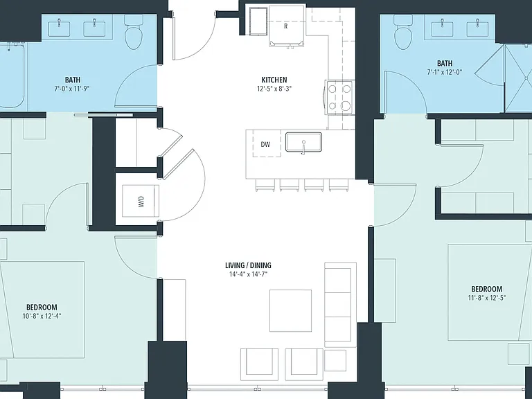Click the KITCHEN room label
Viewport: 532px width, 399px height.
click(274, 80)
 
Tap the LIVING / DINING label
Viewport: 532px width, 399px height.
click(249, 265)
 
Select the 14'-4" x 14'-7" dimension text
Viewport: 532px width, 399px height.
click(249, 274)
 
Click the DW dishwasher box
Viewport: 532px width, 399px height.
click(266, 144)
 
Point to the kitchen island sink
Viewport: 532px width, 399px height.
click(303, 142)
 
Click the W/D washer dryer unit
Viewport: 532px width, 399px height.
click(141, 201)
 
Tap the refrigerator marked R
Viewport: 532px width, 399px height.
click(286, 26)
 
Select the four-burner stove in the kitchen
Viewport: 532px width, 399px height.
click(339, 98)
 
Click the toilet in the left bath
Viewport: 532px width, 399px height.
click(134, 33)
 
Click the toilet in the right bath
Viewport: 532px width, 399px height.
click(403, 33)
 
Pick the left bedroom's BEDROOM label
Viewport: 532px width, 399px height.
click(42, 308)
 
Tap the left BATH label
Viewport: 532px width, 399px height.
click(73, 80)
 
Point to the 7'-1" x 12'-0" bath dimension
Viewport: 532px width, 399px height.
click(445, 72)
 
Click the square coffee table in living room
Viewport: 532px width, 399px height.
click(291, 310)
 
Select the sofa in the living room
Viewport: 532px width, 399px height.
click(340, 304)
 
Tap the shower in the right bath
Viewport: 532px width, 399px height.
click(518, 79)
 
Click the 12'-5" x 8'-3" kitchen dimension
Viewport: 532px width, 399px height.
click(274, 89)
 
